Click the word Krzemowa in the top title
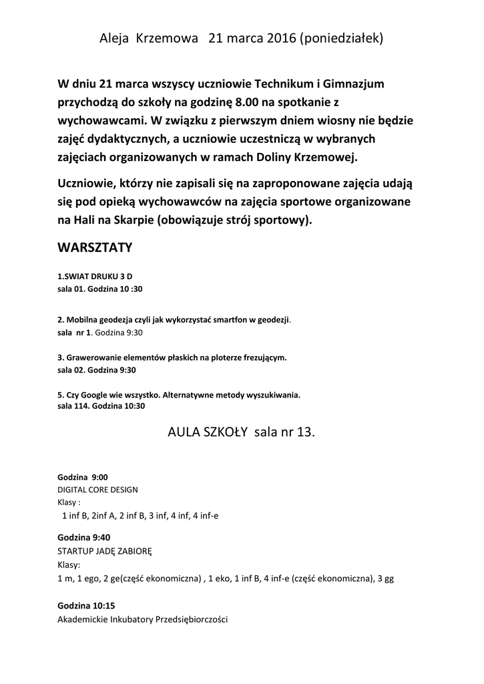click(164, 39)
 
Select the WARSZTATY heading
click(95, 248)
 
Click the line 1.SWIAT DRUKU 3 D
click(99, 276)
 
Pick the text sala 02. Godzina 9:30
click(97, 369)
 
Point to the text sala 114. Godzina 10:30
click(101, 405)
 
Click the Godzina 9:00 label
click(83, 477)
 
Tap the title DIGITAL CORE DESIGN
click(98, 490)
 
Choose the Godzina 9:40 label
click(84, 537)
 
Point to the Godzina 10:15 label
click(86, 606)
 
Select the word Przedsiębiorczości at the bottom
click(192, 619)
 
